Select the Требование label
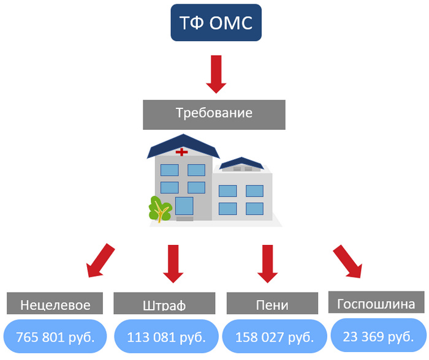[x=214, y=114]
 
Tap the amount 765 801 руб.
[x=55, y=337]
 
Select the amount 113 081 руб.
[x=165, y=337]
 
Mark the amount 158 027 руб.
[x=273, y=337]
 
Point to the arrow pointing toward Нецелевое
[x=101, y=260]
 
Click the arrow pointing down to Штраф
[x=174, y=263]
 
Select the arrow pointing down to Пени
[x=267, y=263]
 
